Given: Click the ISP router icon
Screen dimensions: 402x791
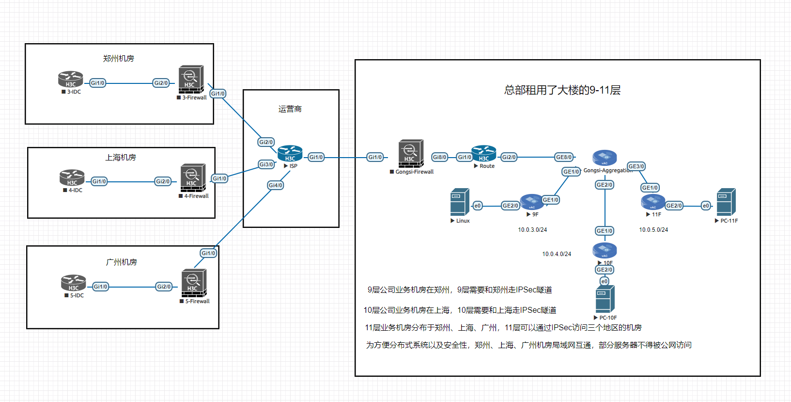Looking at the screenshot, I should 290,154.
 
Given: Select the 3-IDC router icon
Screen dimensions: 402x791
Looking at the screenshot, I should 71,80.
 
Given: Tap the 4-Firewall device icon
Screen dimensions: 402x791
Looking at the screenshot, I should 193,178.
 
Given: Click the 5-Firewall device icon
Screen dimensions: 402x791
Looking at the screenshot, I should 194,283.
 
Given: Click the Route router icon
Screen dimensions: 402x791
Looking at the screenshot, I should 483,153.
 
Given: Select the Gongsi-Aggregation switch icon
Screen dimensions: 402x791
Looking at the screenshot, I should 605,158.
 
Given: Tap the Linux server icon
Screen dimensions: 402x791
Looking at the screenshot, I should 460,202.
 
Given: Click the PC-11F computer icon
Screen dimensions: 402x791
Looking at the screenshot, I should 726,202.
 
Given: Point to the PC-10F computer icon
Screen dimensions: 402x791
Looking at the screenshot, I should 605,299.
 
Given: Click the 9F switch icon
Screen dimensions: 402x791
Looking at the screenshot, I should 532,202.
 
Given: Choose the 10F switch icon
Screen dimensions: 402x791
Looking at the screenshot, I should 605,251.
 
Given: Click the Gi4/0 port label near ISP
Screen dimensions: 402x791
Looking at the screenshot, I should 276,185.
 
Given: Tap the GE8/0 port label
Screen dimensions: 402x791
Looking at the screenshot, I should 564,157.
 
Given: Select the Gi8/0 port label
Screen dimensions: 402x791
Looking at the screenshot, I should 439,157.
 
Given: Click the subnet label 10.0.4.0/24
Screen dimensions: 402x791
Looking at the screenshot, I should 557,254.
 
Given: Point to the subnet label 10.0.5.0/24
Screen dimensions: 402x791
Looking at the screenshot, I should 653,230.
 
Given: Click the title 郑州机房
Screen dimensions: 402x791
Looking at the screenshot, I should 118,59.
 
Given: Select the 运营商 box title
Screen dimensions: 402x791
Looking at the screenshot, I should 290,109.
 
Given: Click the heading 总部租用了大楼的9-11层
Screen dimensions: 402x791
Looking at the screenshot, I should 562,90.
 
